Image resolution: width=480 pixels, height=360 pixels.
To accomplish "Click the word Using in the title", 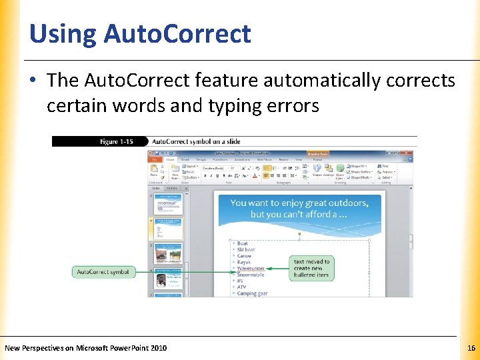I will [62, 33].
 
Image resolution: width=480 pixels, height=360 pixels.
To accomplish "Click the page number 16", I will [471, 348].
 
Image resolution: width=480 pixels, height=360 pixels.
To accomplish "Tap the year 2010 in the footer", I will [159, 348].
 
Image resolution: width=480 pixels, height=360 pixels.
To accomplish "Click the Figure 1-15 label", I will [117, 141].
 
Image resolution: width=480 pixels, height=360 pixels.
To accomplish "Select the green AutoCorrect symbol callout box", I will [103, 272].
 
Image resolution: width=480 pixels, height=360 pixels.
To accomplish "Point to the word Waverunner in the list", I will [251, 269].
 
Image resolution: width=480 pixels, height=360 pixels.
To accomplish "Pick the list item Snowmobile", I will [251, 275].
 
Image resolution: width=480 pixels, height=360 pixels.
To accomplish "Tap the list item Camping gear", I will [253, 293].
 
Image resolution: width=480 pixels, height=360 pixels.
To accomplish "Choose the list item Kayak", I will [244, 262].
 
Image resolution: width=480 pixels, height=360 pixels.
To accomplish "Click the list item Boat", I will [243, 243].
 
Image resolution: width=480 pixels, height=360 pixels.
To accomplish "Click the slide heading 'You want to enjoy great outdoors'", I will [299, 203].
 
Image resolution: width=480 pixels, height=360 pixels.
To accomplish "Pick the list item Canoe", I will [244, 256].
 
